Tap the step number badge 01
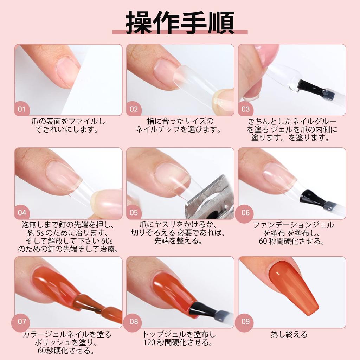pyautogui.click(x=22, y=109)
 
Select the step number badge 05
pyautogui.click(x=134, y=212)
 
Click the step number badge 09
pyautogui.click(x=245, y=321)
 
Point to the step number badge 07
pyautogui.click(x=22, y=321)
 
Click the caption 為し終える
pyautogui.click(x=289, y=334)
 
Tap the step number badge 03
pyautogui.click(x=245, y=109)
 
